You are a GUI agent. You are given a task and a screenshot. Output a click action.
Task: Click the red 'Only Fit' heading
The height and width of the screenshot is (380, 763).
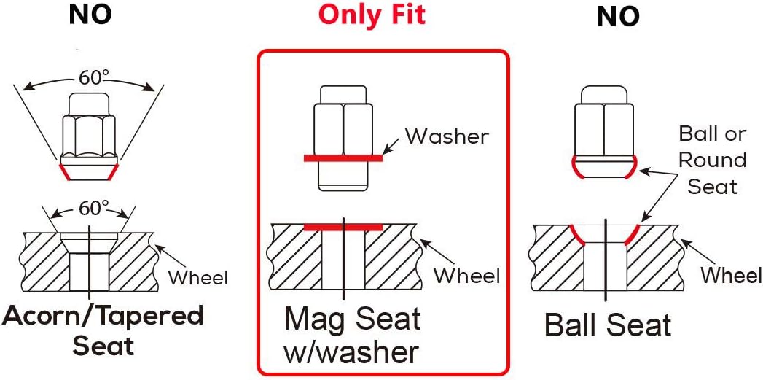372,15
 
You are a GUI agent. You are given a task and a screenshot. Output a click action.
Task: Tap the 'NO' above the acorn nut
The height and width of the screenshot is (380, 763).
90,15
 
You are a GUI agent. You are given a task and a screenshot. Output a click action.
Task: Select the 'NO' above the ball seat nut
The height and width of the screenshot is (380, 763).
618,17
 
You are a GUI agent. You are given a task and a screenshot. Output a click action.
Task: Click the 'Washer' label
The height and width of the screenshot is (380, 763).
447,137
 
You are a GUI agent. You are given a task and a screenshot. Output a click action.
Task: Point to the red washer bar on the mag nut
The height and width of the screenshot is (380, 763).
343,158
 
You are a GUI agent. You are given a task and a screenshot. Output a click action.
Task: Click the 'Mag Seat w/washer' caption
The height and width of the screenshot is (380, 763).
353,336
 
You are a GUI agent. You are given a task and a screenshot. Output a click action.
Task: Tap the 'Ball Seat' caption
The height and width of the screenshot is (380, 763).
608,325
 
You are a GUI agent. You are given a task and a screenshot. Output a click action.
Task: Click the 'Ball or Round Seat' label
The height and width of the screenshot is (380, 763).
712,160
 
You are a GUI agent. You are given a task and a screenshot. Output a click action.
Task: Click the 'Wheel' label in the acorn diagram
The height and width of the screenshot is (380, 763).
197,278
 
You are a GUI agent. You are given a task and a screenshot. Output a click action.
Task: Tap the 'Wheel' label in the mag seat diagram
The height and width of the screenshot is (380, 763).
467,275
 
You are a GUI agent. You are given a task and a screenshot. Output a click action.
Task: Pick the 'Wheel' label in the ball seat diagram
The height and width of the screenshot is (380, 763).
731,275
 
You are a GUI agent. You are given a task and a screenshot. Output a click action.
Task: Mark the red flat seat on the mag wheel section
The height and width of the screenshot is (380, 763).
343,227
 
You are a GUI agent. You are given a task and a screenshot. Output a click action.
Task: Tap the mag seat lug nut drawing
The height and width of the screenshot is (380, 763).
343,139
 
